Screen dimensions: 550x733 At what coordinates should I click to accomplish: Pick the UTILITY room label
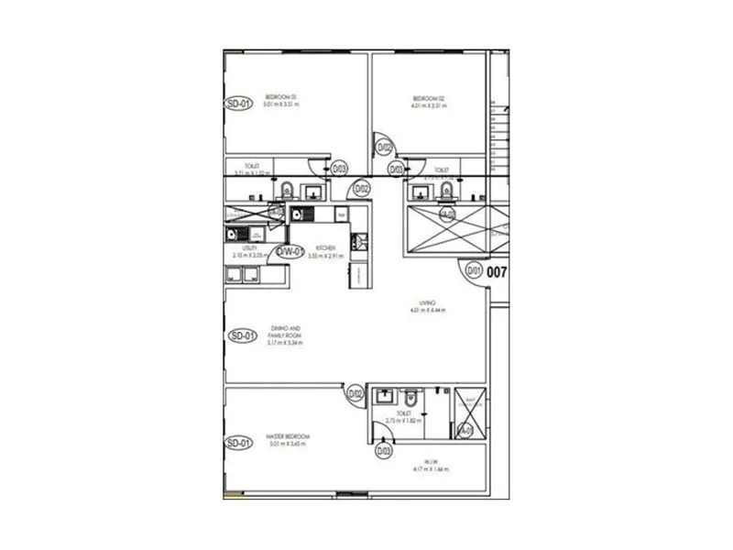point(250,250)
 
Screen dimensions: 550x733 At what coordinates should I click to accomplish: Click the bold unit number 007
point(498,271)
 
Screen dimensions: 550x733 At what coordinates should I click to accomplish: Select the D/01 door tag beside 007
point(474,270)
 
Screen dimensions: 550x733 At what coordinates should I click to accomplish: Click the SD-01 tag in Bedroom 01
point(237,104)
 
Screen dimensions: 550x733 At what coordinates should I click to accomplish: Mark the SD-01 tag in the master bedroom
point(238,444)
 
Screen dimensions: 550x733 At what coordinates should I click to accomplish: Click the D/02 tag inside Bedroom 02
point(385,147)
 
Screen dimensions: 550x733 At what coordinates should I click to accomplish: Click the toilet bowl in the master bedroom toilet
point(411,400)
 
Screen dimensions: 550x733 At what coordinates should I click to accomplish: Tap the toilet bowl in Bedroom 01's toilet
point(286,191)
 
